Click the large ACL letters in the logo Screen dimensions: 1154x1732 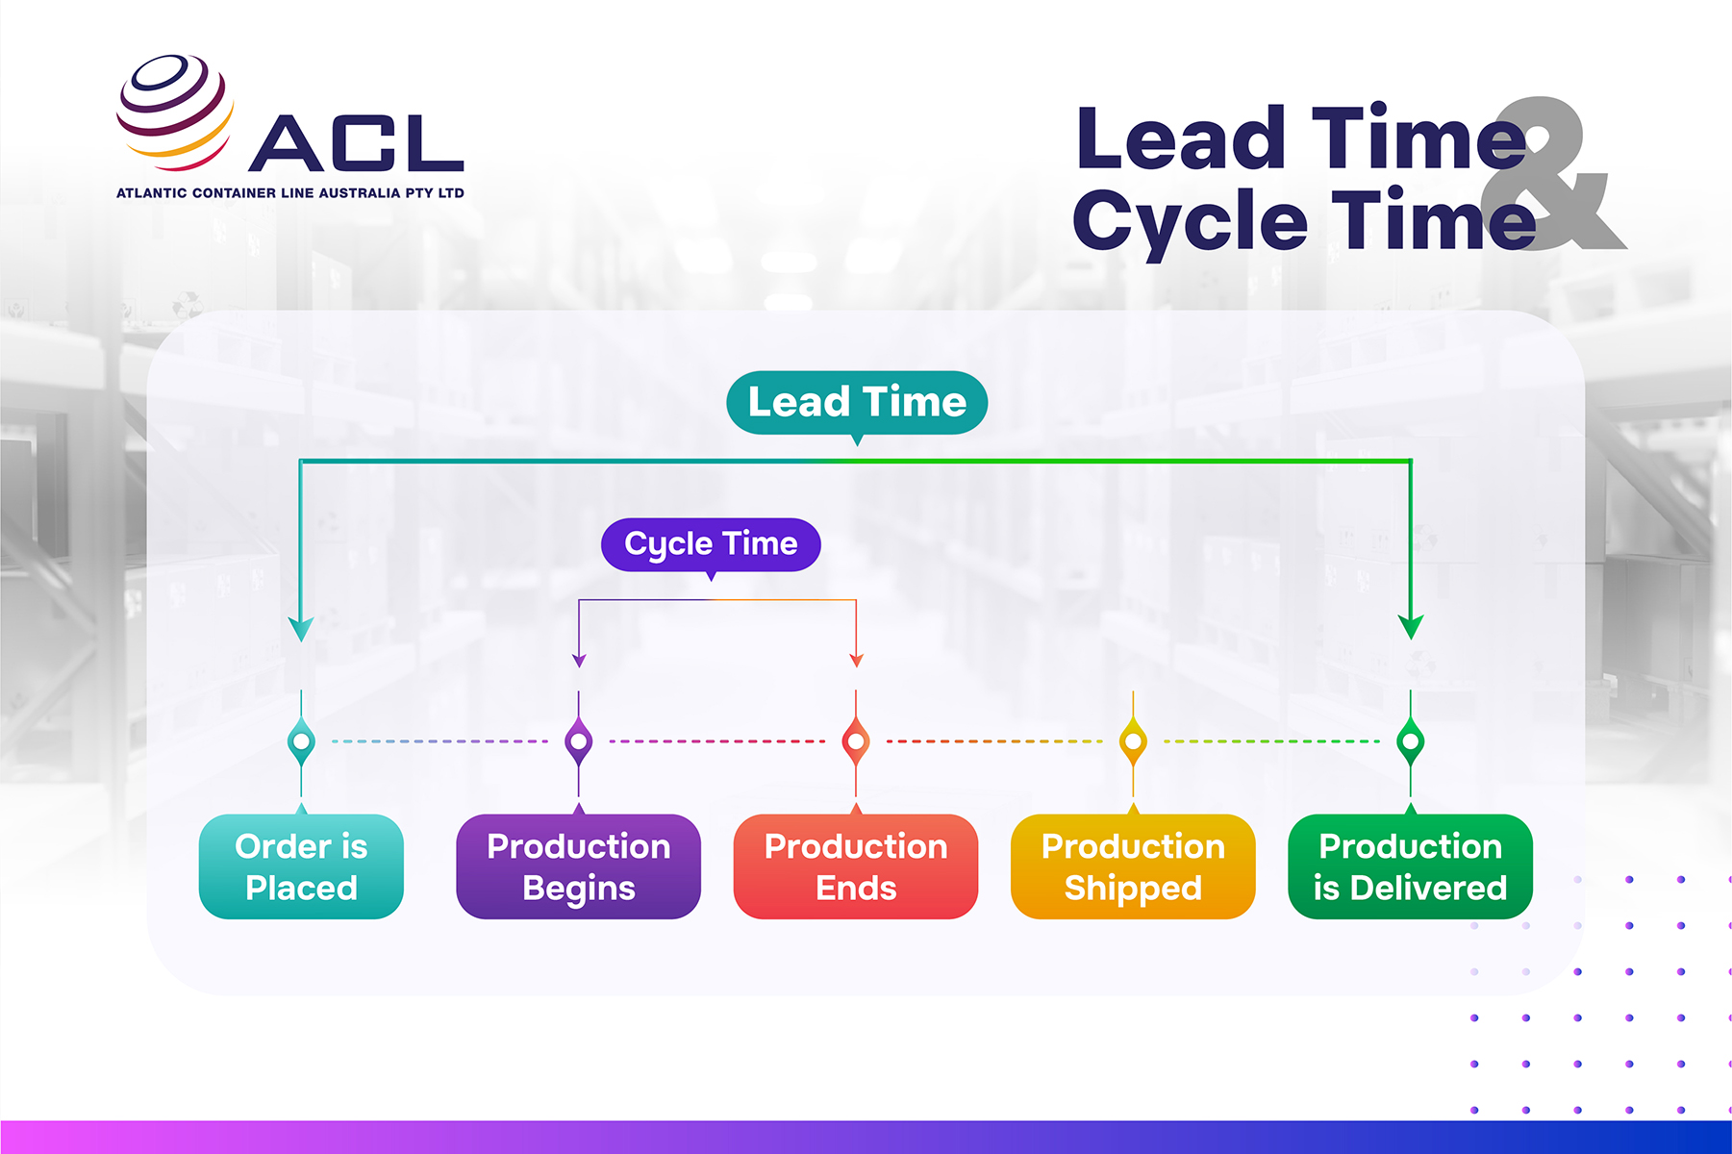tap(357, 143)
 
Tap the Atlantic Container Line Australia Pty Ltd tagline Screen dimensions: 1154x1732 tap(289, 192)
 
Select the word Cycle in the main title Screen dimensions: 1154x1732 tap(1191, 221)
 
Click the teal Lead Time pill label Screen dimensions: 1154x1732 tap(857, 402)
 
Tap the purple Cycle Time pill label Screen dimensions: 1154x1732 tap(711, 544)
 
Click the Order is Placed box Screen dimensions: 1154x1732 tap(301, 866)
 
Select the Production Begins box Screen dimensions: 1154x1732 tap(578, 866)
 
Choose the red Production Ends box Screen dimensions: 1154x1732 tap(855, 866)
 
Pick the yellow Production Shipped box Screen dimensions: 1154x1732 tap(1133, 866)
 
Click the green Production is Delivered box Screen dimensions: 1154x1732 tap(1410, 866)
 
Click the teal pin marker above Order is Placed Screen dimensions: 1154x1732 tap(301, 741)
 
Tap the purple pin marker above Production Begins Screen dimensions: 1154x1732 tap(578, 741)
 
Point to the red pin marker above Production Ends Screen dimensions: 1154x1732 tap(855, 741)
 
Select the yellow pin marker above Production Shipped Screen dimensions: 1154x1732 tap(1133, 741)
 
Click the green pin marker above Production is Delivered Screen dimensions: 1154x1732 tap(1410, 741)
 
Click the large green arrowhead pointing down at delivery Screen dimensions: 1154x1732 tap(1410, 627)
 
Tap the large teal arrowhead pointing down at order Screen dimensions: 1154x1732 tap(301, 629)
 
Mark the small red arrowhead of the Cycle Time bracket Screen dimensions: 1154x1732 tap(856, 660)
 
